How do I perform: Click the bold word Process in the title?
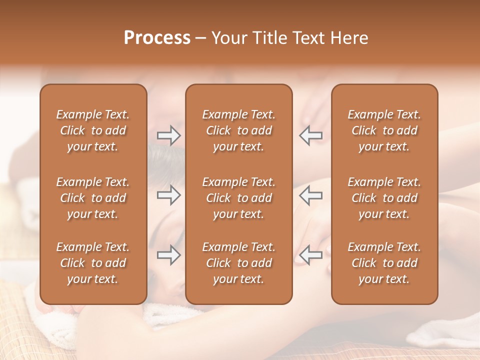pyautogui.click(x=157, y=38)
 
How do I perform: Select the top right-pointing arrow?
pyautogui.click(x=168, y=135)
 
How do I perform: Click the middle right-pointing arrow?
pyautogui.click(x=168, y=195)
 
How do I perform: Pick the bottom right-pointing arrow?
pyautogui.click(x=168, y=255)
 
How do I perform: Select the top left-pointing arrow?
pyautogui.click(x=311, y=135)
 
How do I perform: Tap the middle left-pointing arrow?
pyautogui.click(x=311, y=195)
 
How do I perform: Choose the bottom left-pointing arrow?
pyautogui.click(x=311, y=255)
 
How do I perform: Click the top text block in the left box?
pyautogui.click(x=93, y=130)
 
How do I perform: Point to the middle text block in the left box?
pyautogui.click(x=93, y=198)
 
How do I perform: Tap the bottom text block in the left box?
pyautogui.click(x=93, y=263)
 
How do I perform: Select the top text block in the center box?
pyautogui.click(x=238, y=130)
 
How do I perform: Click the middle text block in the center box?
pyautogui.click(x=238, y=198)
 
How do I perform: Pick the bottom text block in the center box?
pyautogui.click(x=238, y=263)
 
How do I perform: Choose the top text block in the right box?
pyautogui.click(x=384, y=130)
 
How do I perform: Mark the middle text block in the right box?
pyautogui.click(x=384, y=198)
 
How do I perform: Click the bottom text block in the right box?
pyautogui.click(x=384, y=263)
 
